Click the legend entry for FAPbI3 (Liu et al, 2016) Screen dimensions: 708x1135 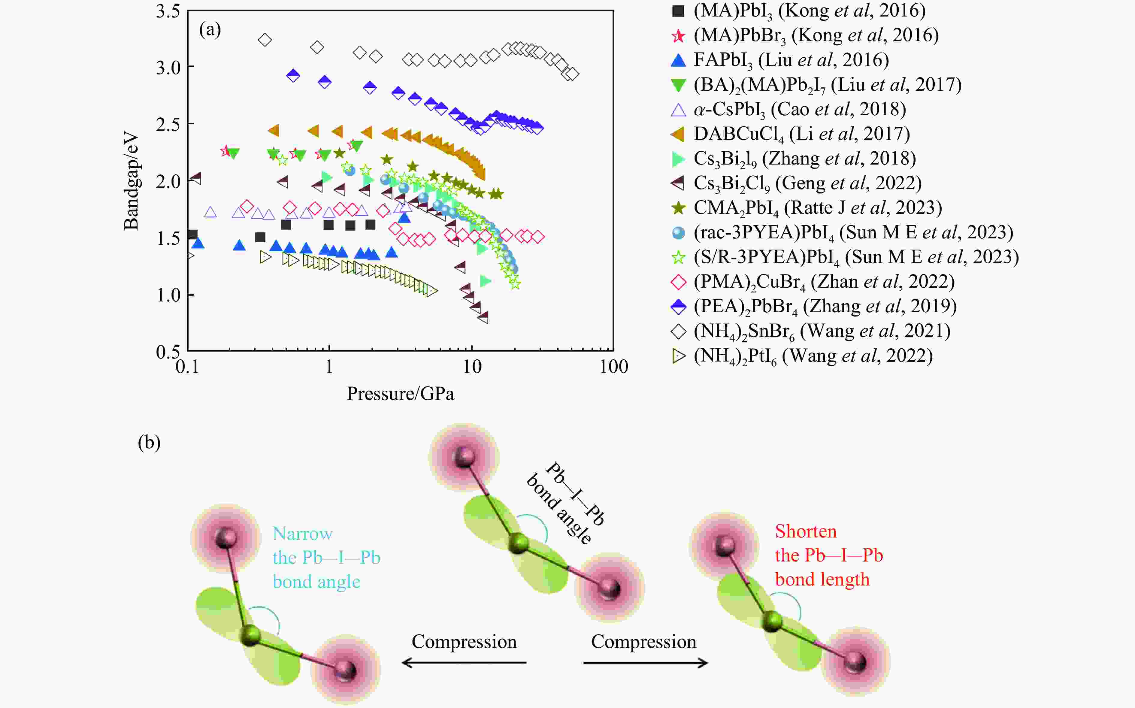tap(791, 60)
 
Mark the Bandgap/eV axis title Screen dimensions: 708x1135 tap(132, 182)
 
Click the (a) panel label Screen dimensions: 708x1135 tap(210, 30)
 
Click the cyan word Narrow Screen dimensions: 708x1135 tap(302, 534)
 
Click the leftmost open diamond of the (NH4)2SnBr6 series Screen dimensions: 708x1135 tap(265, 40)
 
